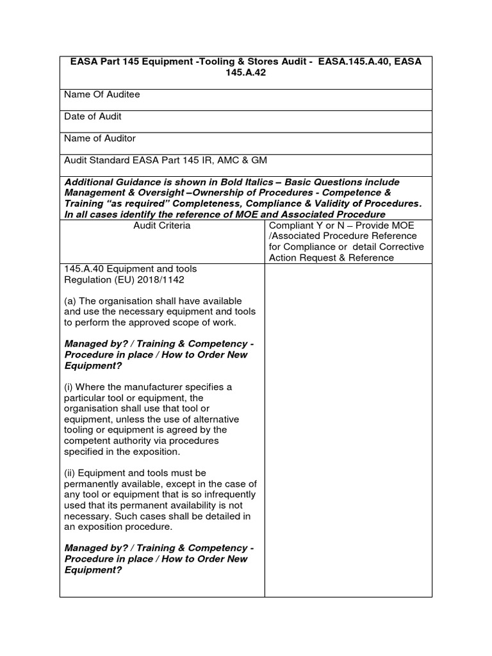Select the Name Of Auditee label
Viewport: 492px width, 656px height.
pyautogui.click(x=102, y=95)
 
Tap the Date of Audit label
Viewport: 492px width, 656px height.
pyautogui.click(x=93, y=117)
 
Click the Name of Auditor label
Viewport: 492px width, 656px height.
pyautogui.click(x=100, y=138)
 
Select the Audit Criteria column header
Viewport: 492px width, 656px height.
pyautogui.click(x=161, y=225)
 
